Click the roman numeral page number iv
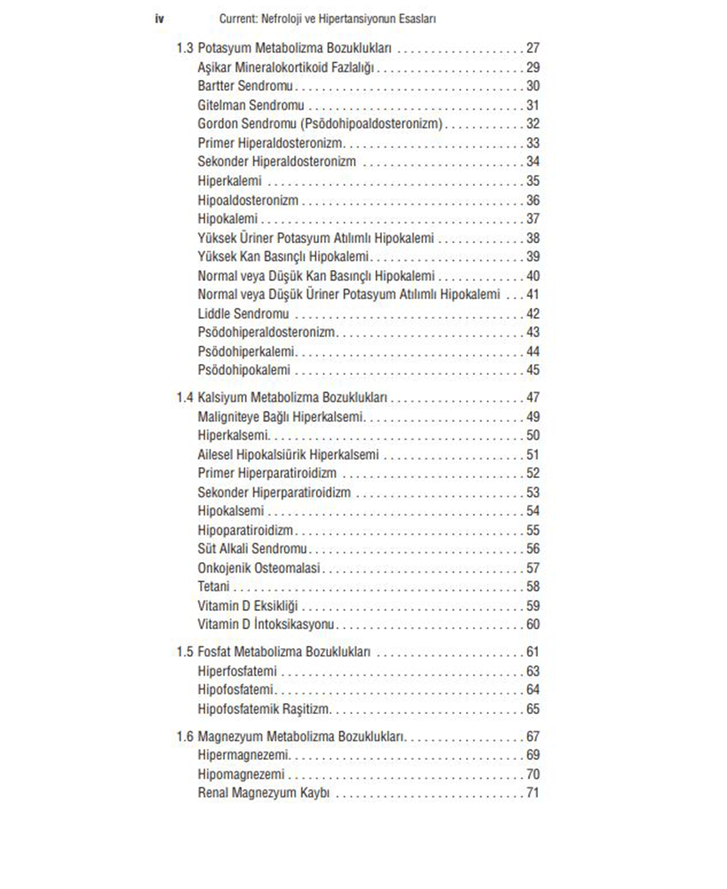[159, 19]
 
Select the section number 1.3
[185, 49]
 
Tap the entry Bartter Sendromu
[245, 86]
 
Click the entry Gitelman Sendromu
[251, 106]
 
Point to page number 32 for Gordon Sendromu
[532, 124]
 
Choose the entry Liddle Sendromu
[243, 314]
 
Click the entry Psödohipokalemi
[244, 370]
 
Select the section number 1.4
[185, 398]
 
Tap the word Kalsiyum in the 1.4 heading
[222, 398]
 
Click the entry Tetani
[213, 587]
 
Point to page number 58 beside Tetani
[532, 587]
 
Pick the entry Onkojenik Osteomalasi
[259, 568]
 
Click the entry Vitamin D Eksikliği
[247, 606]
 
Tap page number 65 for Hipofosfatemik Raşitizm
[532, 709]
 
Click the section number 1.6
[185, 736]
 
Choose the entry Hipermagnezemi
[243, 755]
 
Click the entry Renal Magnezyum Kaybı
[263, 793]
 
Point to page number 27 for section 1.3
[532, 49]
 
